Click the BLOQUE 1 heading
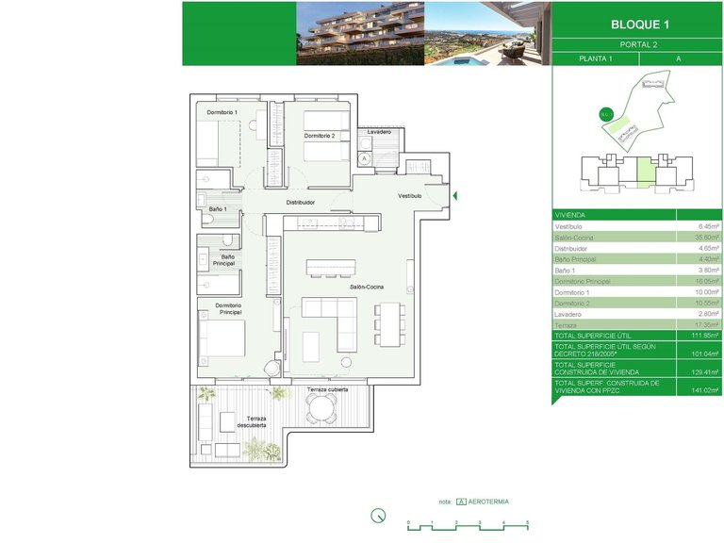click(x=636, y=25)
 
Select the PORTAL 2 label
click(x=636, y=44)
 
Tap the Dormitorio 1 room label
click(x=222, y=113)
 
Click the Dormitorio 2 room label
click(x=319, y=136)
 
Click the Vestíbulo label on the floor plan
click(x=409, y=195)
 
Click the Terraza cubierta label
click(x=327, y=389)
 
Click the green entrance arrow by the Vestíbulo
click(x=455, y=196)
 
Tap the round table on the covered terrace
click(x=322, y=408)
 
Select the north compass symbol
click(x=378, y=516)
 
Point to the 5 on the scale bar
click(x=527, y=522)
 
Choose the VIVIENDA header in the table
click(x=571, y=214)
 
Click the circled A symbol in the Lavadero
click(x=364, y=159)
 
